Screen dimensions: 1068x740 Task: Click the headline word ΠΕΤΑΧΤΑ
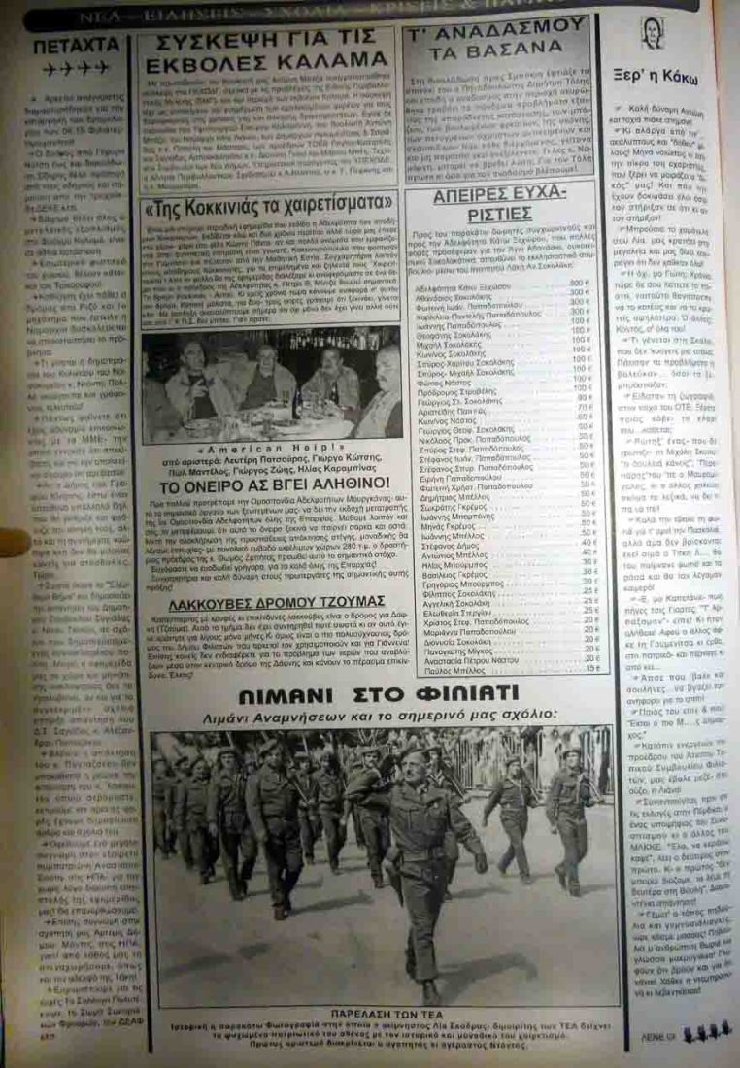[x=76, y=45]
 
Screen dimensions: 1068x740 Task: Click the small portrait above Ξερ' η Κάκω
[x=650, y=35]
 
